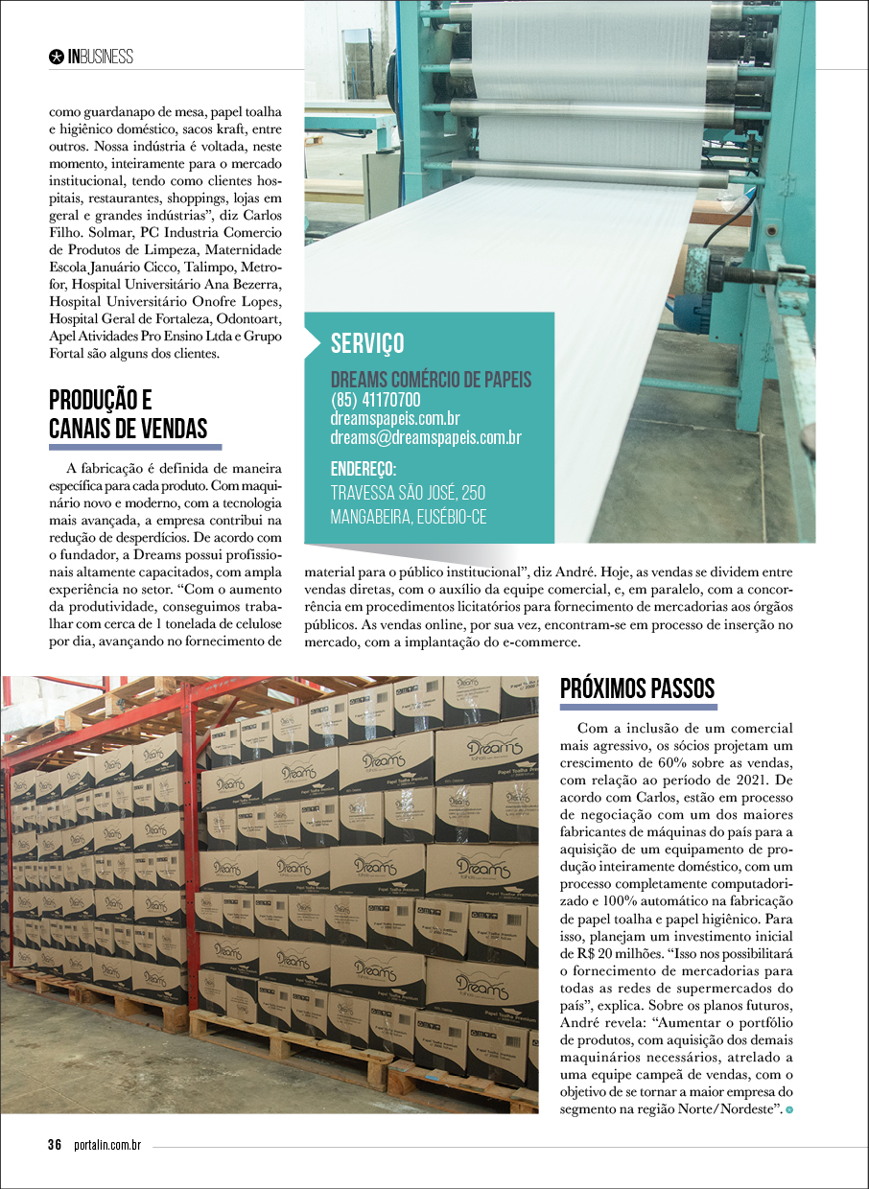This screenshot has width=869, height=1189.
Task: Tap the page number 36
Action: tap(55, 1145)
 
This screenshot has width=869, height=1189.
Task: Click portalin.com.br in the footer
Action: tap(107, 1145)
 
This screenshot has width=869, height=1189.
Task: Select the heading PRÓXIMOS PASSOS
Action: tap(637, 688)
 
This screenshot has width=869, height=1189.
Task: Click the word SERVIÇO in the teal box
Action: tap(367, 343)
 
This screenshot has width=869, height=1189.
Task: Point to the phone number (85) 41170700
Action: tap(375, 399)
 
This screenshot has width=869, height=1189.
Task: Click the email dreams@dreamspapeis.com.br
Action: tap(426, 437)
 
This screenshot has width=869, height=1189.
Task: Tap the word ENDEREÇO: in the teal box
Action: tap(364, 469)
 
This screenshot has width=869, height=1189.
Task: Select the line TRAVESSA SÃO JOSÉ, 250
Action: tap(408, 493)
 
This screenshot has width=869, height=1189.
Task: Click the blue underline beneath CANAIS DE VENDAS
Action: tap(135, 447)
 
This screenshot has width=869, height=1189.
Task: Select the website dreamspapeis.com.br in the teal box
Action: tap(395, 418)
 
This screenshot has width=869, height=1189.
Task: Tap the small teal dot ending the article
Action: tap(789, 1109)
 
